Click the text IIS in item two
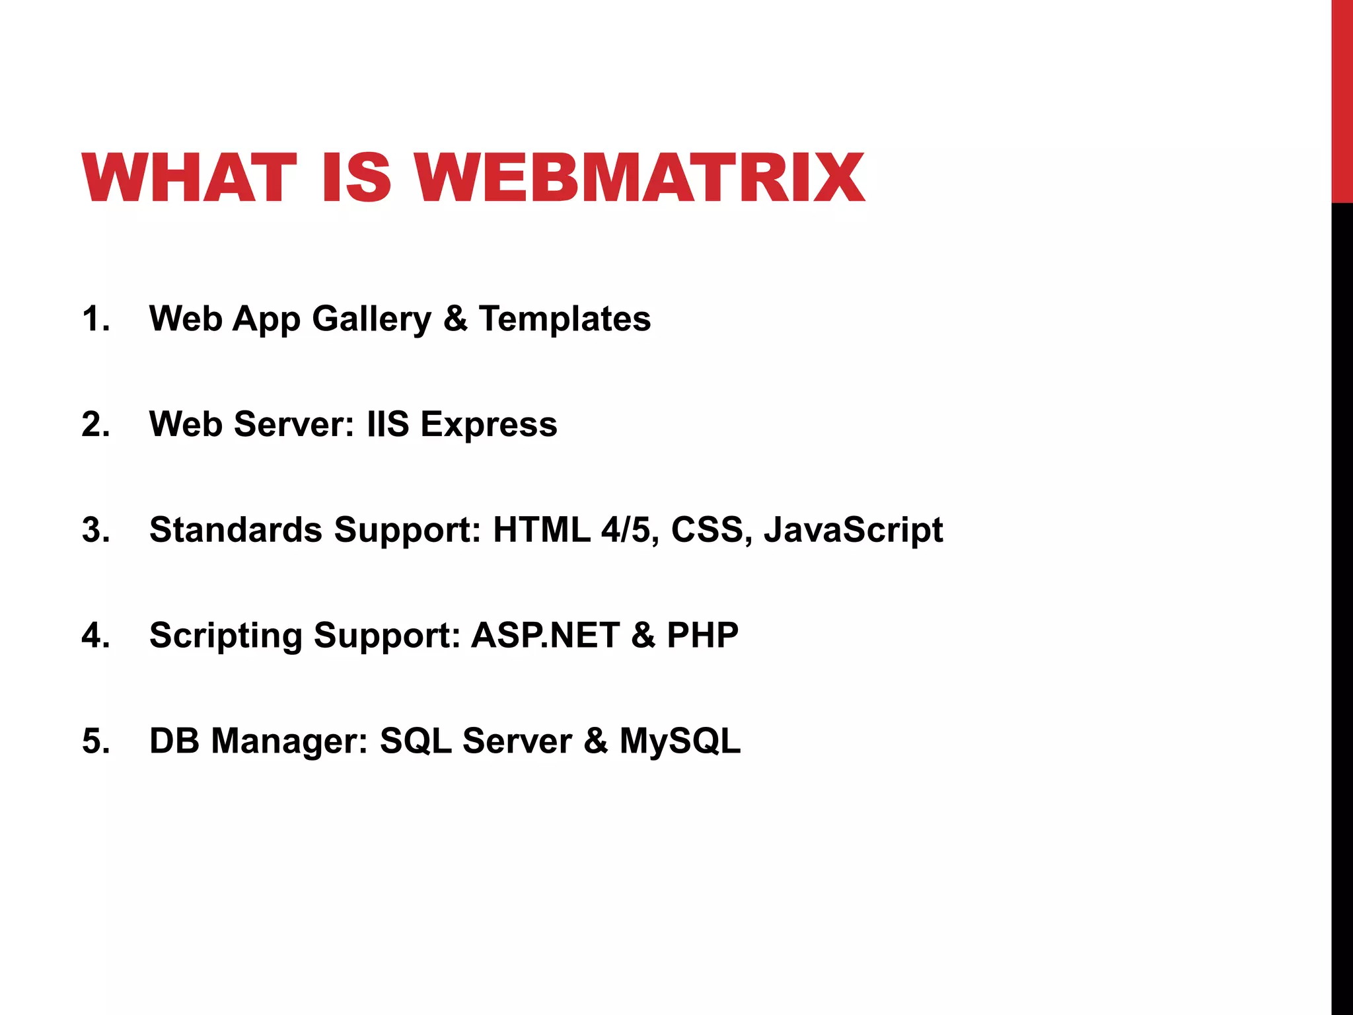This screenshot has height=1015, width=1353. tap(388, 424)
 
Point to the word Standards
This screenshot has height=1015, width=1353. tap(235, 530)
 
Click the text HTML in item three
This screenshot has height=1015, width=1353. tap(541, 530)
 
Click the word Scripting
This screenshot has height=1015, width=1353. tap(225, 636)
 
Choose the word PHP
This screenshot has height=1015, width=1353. tap(702, 636)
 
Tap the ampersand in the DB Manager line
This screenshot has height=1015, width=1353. tap(595, 741)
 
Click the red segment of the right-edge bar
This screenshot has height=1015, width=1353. tap(1342, 99)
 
